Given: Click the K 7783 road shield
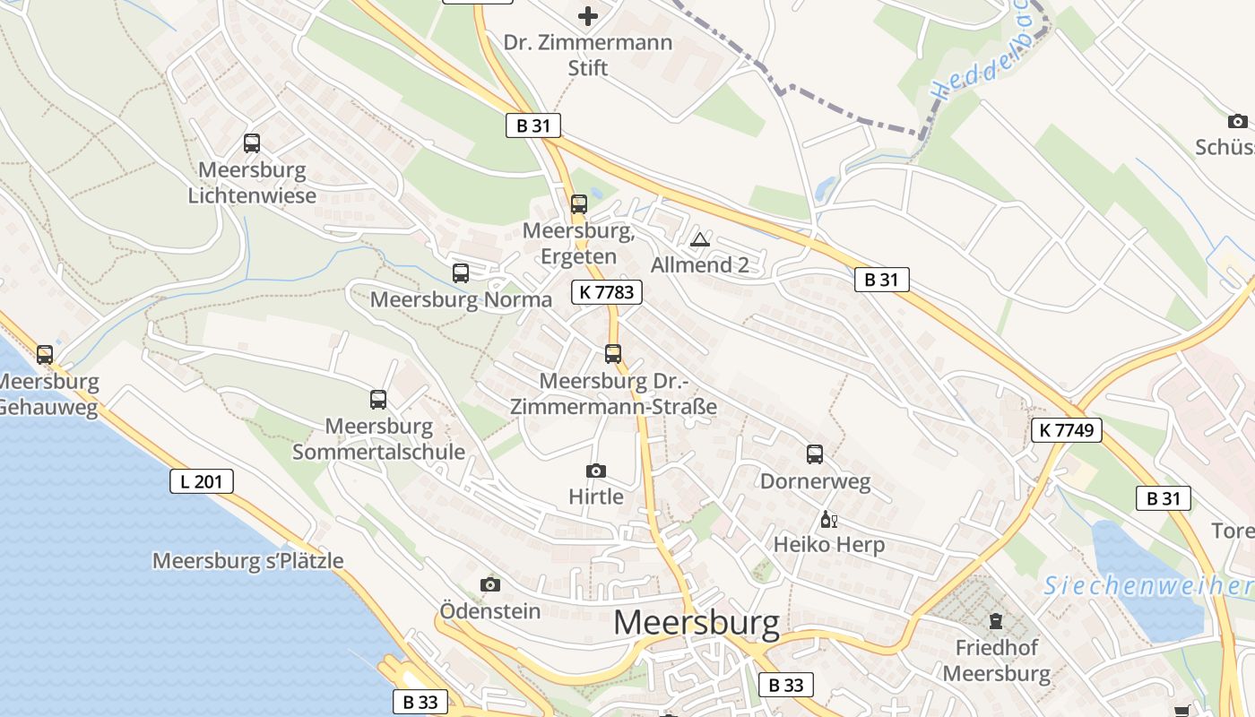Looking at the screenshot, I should pyautogui.click(x=607, y=291).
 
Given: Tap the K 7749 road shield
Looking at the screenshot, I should pyautogui.click(x=1066, y=430).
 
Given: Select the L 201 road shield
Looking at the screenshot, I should pyautogui.click(x=202, y=481).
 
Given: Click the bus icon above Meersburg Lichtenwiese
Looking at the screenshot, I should pyautogui.click(x=252, y=143).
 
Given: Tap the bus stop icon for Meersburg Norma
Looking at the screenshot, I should pyautogui.click(x=461, y=273).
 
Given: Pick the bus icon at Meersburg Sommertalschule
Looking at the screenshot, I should pyautogui.click(x=378, y=400).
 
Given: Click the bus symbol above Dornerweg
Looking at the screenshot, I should pyautogui.click(x=815, y=454).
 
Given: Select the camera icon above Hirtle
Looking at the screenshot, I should pyautogui.click(x=595, y=471).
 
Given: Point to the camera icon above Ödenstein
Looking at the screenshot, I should pyautogui.click(x=489, y=584).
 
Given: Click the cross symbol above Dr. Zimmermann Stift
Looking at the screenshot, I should pyautogui.click(x=587, y=16).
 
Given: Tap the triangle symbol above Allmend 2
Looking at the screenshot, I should pyautogui.click(x=700, y=239).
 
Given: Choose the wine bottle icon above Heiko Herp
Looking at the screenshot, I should pyautogui.click(x=828, y=519).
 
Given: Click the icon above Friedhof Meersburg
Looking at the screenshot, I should pyautogui.click(x=996, y=620).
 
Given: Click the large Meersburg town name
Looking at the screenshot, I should pyautogui.click(x=697, y=624).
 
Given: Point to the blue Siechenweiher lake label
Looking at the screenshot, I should pyautogui.click(x=1147, y=586).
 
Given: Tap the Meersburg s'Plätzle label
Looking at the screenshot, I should pyautogui.click(x=248, y=561).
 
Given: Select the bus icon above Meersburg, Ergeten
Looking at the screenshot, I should pyautogui.click(x=579, y=204).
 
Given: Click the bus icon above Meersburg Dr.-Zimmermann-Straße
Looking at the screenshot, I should pyautogui.click(x=613, y=354).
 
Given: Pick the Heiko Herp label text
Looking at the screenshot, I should pyautogui.click(x=829, y=544).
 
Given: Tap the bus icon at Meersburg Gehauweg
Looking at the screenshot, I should pyautogui.click(x=45, y=355).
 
